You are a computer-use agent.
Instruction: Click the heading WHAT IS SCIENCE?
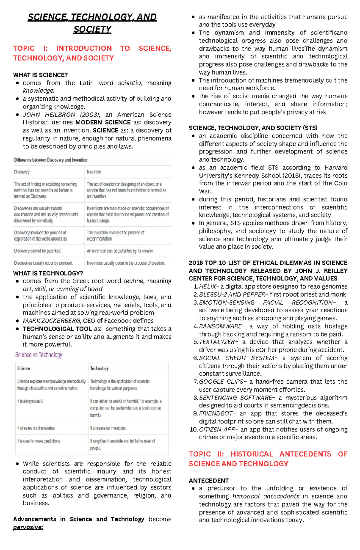point(40,75)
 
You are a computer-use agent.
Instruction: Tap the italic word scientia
point(130,83)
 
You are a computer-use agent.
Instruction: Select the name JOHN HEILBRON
point(49,115)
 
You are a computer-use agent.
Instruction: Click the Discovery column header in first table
point(22,172)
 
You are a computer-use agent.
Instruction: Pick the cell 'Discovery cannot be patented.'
point(37,251)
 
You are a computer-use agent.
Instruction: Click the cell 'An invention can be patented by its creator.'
point(120,251)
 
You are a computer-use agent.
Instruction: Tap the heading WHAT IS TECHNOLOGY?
point(48,273)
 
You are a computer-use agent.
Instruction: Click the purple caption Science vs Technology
point(39,355)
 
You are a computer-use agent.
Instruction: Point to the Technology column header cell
point(99,368)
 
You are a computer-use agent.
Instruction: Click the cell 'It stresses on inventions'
point(108,428)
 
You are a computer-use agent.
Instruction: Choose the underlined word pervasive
point(28,527)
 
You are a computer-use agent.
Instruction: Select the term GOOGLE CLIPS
point(222,382)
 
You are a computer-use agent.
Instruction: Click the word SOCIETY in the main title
point(92,29)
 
